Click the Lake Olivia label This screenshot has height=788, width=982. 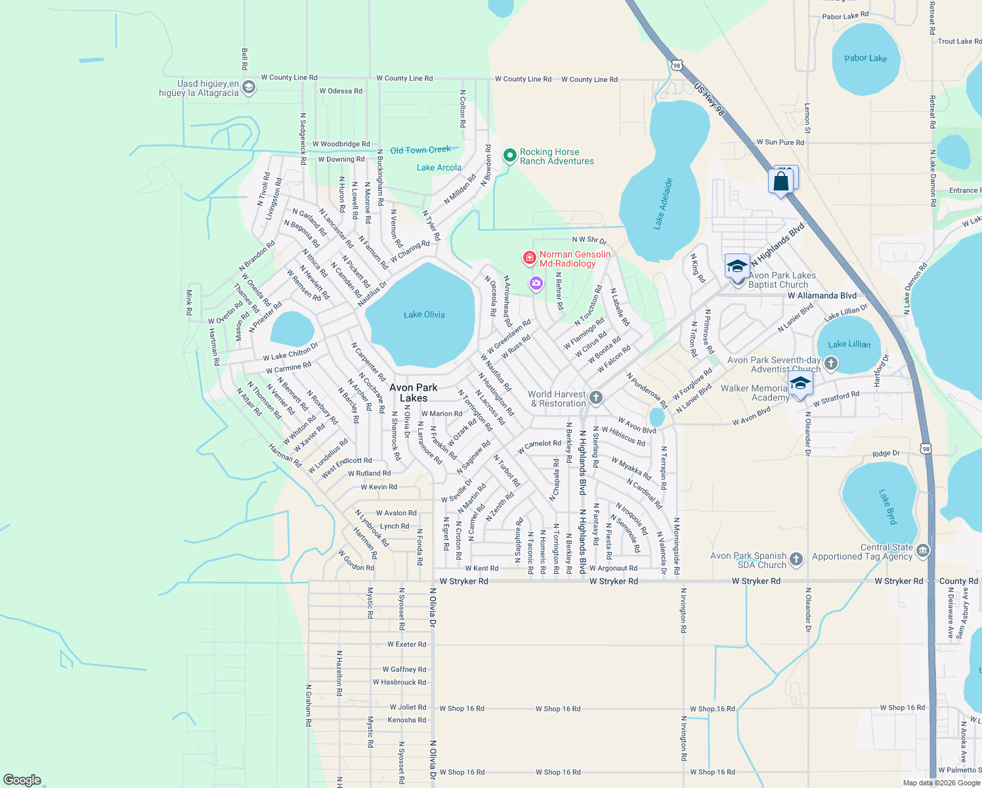(x=424, y=315)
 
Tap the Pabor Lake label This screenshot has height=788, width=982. (x=865, y=58)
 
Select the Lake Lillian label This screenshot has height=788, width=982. (x=849, y=344)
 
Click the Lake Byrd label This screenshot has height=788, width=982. (x=887, y=506)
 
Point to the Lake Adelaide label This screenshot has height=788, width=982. (x=663, y=204)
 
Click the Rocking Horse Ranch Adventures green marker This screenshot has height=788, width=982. (x=509, y=156)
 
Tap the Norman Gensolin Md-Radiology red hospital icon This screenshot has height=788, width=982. (x=529, y=259)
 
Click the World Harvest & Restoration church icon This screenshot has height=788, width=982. (x=595, y=397)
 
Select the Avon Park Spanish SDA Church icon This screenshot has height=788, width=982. (x=796, y=559)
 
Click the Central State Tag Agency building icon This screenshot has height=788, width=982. (x=922, y=550)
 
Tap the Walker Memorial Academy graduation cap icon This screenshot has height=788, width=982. (x=800, y=384)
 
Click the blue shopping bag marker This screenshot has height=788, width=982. (x=781, y=181)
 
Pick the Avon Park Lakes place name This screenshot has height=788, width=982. (x=414, y=393)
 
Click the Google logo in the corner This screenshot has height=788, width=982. (x=22, y=780)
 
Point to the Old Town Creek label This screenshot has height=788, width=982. (x=420, y=150)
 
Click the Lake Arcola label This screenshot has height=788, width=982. (x=439, y=167)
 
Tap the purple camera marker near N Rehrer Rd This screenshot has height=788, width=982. (x=536, y=283)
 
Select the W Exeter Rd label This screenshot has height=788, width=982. (x=407, y=644)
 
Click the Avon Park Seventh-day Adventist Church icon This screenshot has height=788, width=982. (x=830, y=363)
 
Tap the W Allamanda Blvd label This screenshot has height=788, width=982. (x=822, y=295)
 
